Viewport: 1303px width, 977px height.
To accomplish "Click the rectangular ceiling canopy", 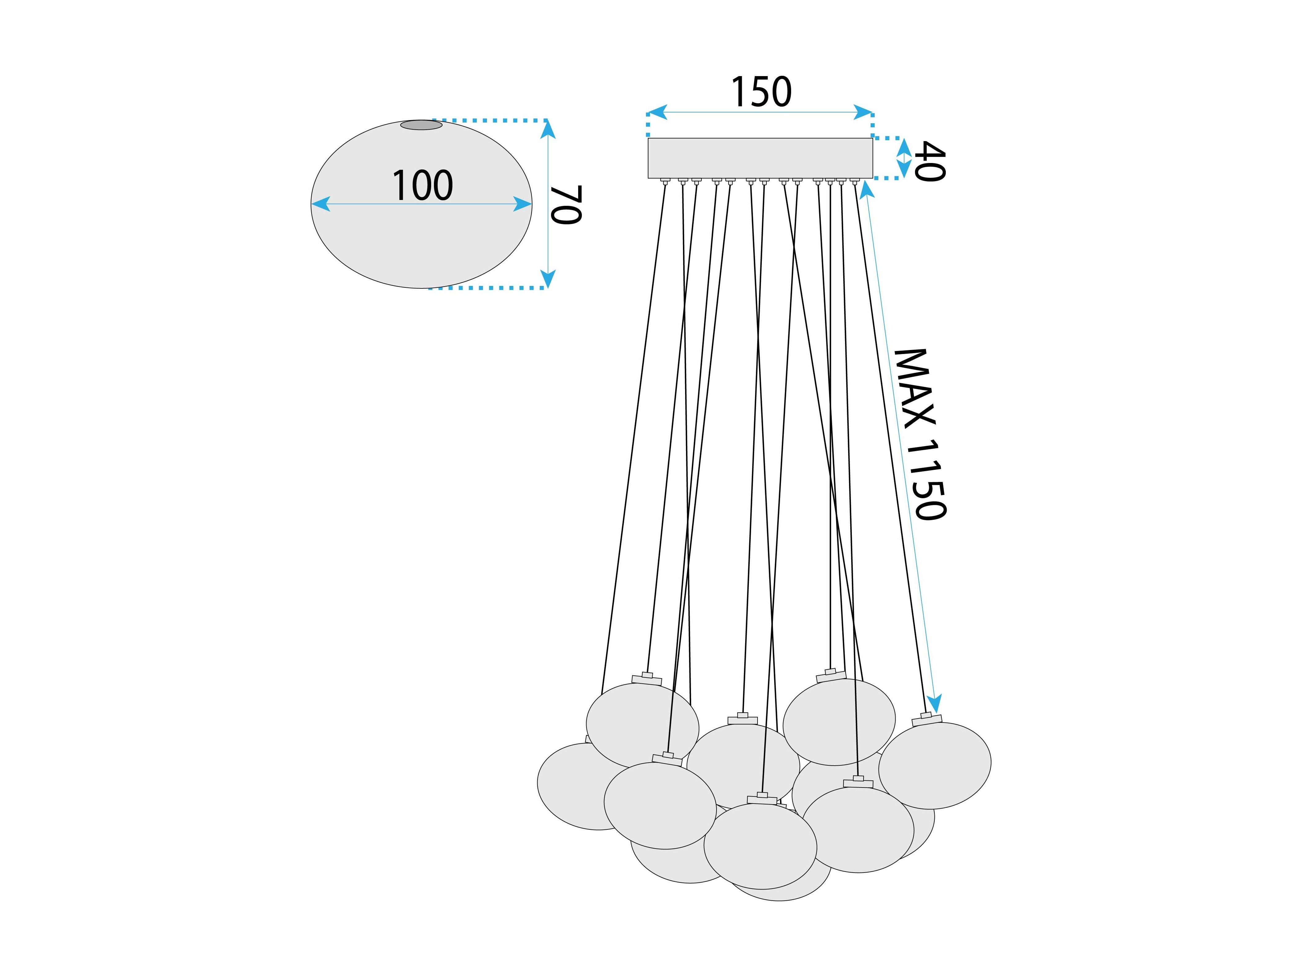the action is pyautogui.click(x=760, y=158).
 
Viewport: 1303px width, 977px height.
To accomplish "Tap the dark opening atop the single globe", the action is pyautogui.click(x=421, y=125).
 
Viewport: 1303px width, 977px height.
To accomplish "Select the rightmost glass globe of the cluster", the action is pyautogui.click(x=935, y=766).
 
